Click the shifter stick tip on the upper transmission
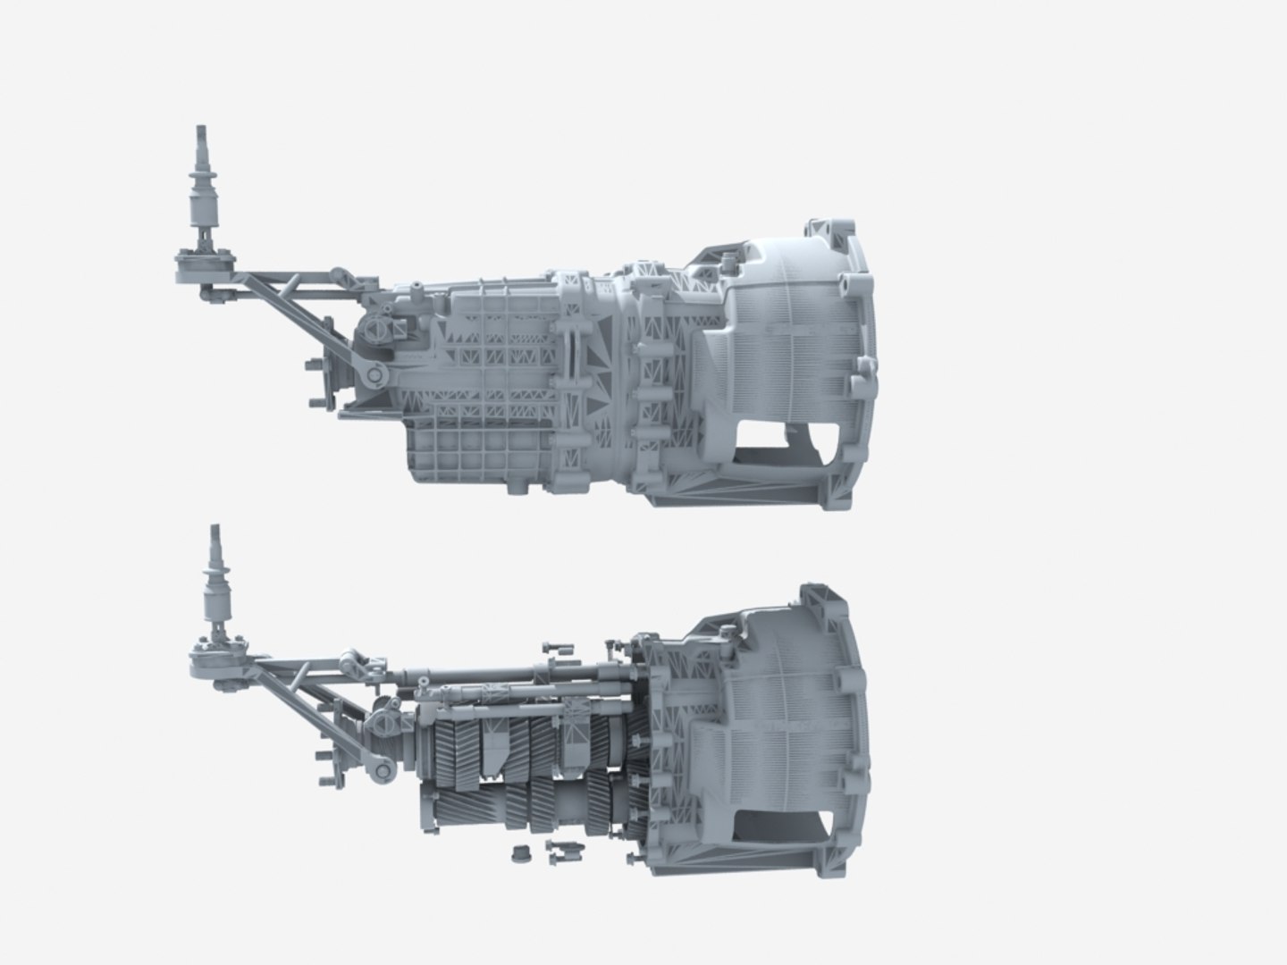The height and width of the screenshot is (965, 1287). [x=198, y=135]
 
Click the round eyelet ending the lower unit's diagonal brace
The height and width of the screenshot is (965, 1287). [x=384, y=768]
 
